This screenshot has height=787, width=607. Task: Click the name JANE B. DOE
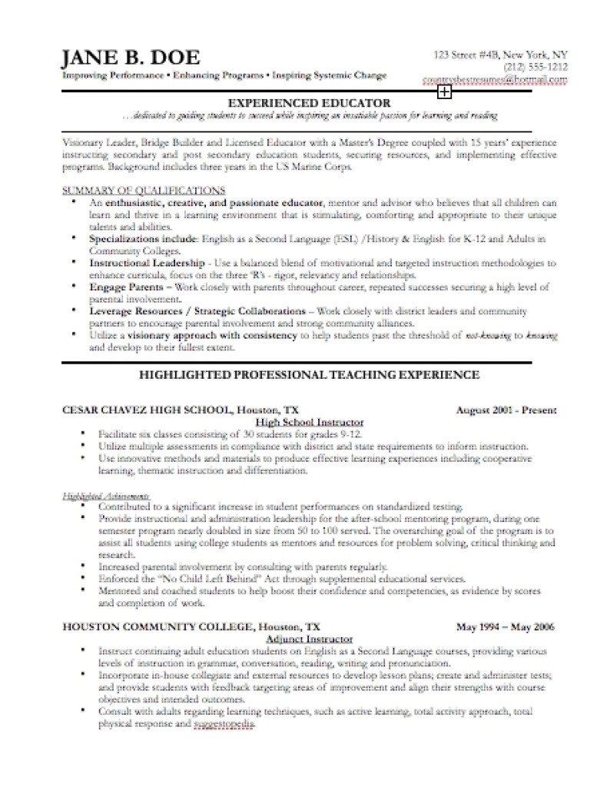(131, 58)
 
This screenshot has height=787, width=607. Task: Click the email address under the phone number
(495, 79)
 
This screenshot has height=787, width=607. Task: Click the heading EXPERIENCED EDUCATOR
(310, 103)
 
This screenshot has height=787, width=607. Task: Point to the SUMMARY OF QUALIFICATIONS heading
(144, 189)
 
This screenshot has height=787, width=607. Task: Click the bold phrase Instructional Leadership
(147, 262)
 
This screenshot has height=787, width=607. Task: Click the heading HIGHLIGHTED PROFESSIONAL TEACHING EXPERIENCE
(310, 375)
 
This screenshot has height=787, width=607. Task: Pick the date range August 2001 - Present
(506, 410)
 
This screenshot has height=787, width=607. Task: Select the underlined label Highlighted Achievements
(106, 496)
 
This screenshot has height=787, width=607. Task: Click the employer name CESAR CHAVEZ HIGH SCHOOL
(147, 410)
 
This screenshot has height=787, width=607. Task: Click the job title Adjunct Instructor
(309, 639)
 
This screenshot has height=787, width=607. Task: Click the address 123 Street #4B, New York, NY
(501, 55)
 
